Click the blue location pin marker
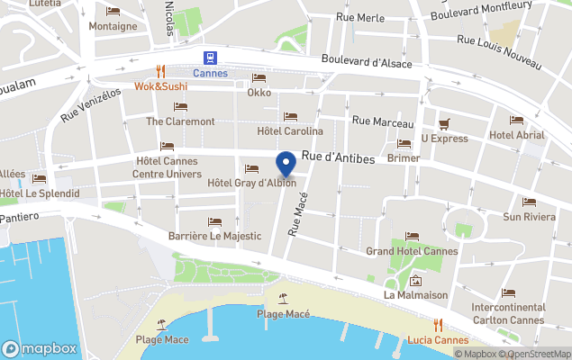tap(286, 165)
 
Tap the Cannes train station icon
tap(210, 58)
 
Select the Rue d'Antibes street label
tap(338, 157)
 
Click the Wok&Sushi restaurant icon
tap(160, 72)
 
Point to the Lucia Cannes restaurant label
tap(438, 339)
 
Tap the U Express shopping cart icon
tap(443, 123)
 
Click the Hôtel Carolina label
tap(290, 131)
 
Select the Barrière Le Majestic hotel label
tap(214, 236)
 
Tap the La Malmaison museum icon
tap(415, 279)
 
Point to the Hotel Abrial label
tap(516, 135)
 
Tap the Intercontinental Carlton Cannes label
tap(509, 313)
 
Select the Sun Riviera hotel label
tap(528, 216)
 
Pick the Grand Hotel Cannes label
tap(412, 251)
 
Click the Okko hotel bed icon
tap(259, 77)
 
